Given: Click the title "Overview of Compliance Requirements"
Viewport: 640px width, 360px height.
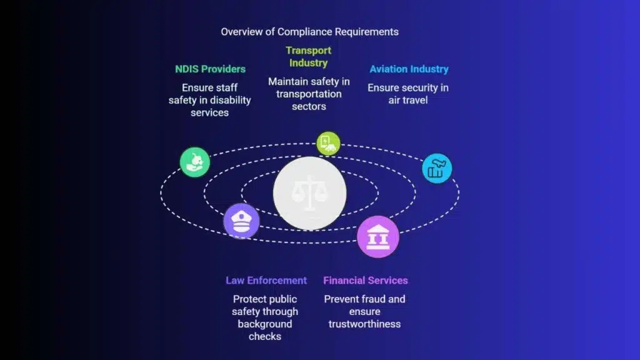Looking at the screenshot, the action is click(310, 32).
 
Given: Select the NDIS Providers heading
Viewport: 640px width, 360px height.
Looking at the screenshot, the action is click(210, 69).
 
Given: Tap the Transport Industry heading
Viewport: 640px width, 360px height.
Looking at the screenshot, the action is click(309, 57).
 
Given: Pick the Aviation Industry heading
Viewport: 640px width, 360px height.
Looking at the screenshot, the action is click(409, 69).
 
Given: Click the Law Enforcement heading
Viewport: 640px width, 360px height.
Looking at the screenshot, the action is click(266, 281).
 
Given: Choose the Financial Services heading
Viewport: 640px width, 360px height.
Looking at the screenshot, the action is click(365, 281).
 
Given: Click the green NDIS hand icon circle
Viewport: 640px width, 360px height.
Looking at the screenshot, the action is click(195, 162).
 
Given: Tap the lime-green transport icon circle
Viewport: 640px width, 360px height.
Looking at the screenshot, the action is click(328, 143).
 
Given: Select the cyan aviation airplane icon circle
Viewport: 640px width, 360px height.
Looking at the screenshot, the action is click(437, 168).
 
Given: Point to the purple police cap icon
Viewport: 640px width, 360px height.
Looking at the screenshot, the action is click(241, 221).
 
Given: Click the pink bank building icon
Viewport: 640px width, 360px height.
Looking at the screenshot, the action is click(378, 237).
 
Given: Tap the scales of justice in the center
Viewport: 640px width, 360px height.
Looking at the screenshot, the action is click(310, 193).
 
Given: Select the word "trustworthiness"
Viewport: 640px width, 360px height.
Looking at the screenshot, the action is click(364, 324).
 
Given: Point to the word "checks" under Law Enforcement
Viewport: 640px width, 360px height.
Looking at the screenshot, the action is click(265, 337).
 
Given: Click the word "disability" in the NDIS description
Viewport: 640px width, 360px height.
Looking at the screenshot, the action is click(230, 101).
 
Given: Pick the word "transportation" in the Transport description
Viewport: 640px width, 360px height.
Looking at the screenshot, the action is click(309, 94).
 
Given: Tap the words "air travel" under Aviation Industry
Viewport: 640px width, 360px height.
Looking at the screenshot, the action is click(408, 100).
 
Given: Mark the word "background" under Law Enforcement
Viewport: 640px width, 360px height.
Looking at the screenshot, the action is click(265, 324).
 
